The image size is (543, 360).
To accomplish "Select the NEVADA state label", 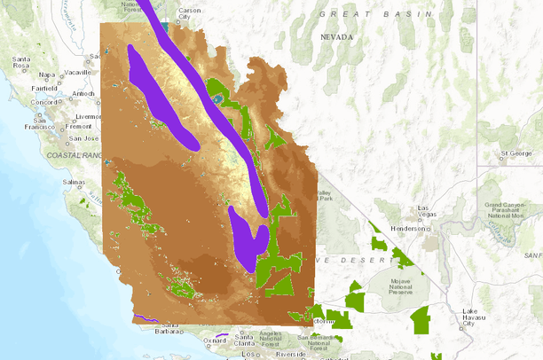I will (x=337, y=37).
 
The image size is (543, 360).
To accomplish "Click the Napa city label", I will (x=47, y=74).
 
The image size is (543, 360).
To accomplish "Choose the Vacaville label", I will (x=77, y=72).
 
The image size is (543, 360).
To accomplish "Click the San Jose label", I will (x=84, y=138).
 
